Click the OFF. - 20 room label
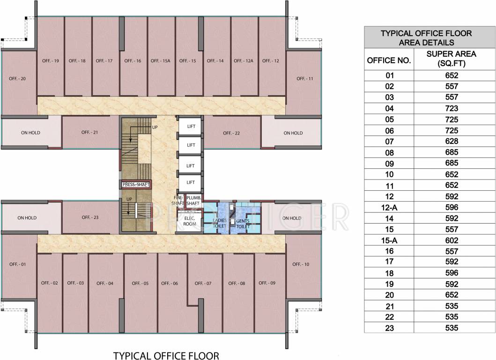coord(17,78)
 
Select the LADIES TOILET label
coord(219,223)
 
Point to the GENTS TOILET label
coord(243,223)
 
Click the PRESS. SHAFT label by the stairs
coord(136,185)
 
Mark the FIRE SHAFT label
coord(178,201)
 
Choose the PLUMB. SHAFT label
coord(193,201)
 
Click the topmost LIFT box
coord(191,127)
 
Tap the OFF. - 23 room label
coord(90,217)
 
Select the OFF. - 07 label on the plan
coord(203,283)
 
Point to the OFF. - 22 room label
coord(231,133)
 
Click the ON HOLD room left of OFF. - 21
coord(31,133)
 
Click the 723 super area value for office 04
coord(452,108)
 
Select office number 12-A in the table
coord(389,207)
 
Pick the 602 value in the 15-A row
coord(452,240)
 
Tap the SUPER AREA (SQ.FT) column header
coord(452,59)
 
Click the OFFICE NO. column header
coord(389,60)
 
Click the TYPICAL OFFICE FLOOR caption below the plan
coord(166,355)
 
